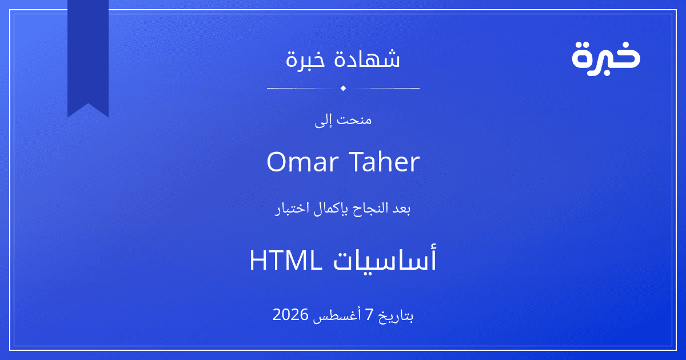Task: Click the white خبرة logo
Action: (606, 58)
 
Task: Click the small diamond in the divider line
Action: (344, 88)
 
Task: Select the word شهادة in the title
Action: (367, 58)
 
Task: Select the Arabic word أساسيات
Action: (385, 259)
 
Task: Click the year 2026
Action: (290, 314)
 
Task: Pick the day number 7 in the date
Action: (370, 315)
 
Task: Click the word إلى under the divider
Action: (324, 121)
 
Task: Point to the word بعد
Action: (401, 209)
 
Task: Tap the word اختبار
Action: (293, 209)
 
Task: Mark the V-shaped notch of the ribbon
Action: (88, 104)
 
